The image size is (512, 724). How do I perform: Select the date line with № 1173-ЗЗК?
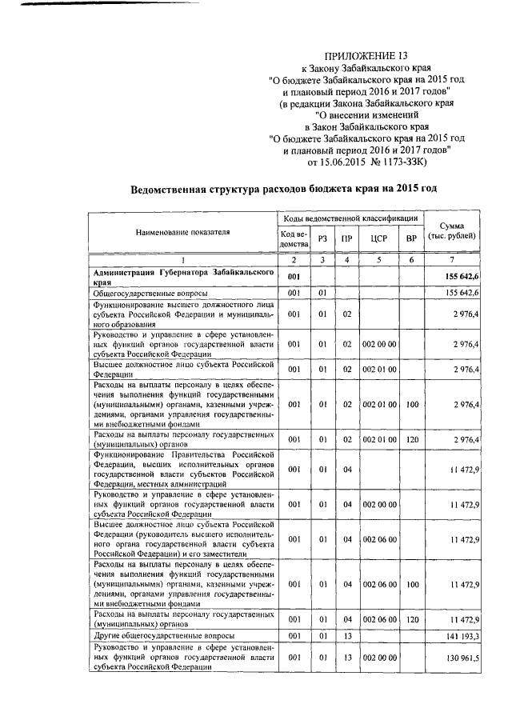pyautogui.click(x=367, y=162)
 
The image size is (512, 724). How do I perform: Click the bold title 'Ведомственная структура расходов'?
pyautogui.click(x=284, y=189)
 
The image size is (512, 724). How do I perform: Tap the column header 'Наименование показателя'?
pyautogui.click(x=182, y=232)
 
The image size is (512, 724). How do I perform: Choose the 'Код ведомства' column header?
pyautogui.click(x=294, y=238)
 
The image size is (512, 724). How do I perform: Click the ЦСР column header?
pyautogui.click(x=379, y=238)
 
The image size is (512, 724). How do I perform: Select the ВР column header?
pyautogui.click(x=411, y=238)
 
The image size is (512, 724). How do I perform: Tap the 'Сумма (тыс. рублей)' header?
pyautogui.click(x=454, y=232)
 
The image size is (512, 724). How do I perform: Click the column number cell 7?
pyautogui.click(x=454, y=260)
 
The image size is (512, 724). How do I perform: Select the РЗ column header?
pyautogui.click(x=322, y=238)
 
